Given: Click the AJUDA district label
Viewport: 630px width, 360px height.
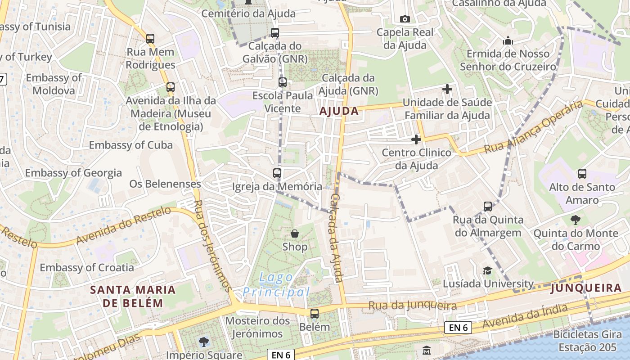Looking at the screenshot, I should click(x=339, y=111).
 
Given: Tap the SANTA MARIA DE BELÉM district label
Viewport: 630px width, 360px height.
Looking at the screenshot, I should click(x=133, y=296).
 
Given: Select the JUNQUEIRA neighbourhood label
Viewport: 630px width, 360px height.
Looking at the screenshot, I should click(x=586, y=288).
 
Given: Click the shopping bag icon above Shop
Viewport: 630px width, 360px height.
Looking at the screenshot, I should click(x=295, y=234).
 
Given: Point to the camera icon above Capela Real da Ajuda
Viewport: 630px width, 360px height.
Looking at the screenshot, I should click(x=405, y=19).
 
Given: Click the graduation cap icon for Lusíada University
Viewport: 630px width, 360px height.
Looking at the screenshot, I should click(x=487, y=270).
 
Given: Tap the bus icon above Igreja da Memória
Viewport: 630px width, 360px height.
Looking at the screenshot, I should click(x=277, y=173).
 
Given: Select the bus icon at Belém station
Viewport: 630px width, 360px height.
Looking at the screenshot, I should click(x=315, y=314).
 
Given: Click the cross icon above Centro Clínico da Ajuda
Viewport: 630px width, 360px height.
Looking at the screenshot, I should click(x=416, y=139).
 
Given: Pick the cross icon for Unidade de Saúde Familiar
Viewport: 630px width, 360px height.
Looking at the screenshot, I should click(x=447, y=89).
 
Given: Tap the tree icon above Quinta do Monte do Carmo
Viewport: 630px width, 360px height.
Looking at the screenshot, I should click(x=575, y=220).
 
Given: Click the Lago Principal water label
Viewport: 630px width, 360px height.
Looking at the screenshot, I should click(x=276, y=285).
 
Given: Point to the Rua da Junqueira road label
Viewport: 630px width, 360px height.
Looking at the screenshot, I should click(x=413, y=306).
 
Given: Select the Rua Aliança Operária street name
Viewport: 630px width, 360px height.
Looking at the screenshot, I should click(x=533, y=127).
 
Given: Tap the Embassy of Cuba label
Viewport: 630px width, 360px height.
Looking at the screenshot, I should click(x=131, y=145).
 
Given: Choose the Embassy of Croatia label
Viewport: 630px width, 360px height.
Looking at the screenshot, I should click(x=87, y=268).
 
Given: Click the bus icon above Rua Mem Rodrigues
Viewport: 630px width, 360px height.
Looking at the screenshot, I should click(x=150, y=39).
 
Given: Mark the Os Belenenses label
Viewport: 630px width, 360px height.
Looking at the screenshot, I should click(x=165, y=184).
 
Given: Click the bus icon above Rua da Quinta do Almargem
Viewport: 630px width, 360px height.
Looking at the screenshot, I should click(x=488, y=207).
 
